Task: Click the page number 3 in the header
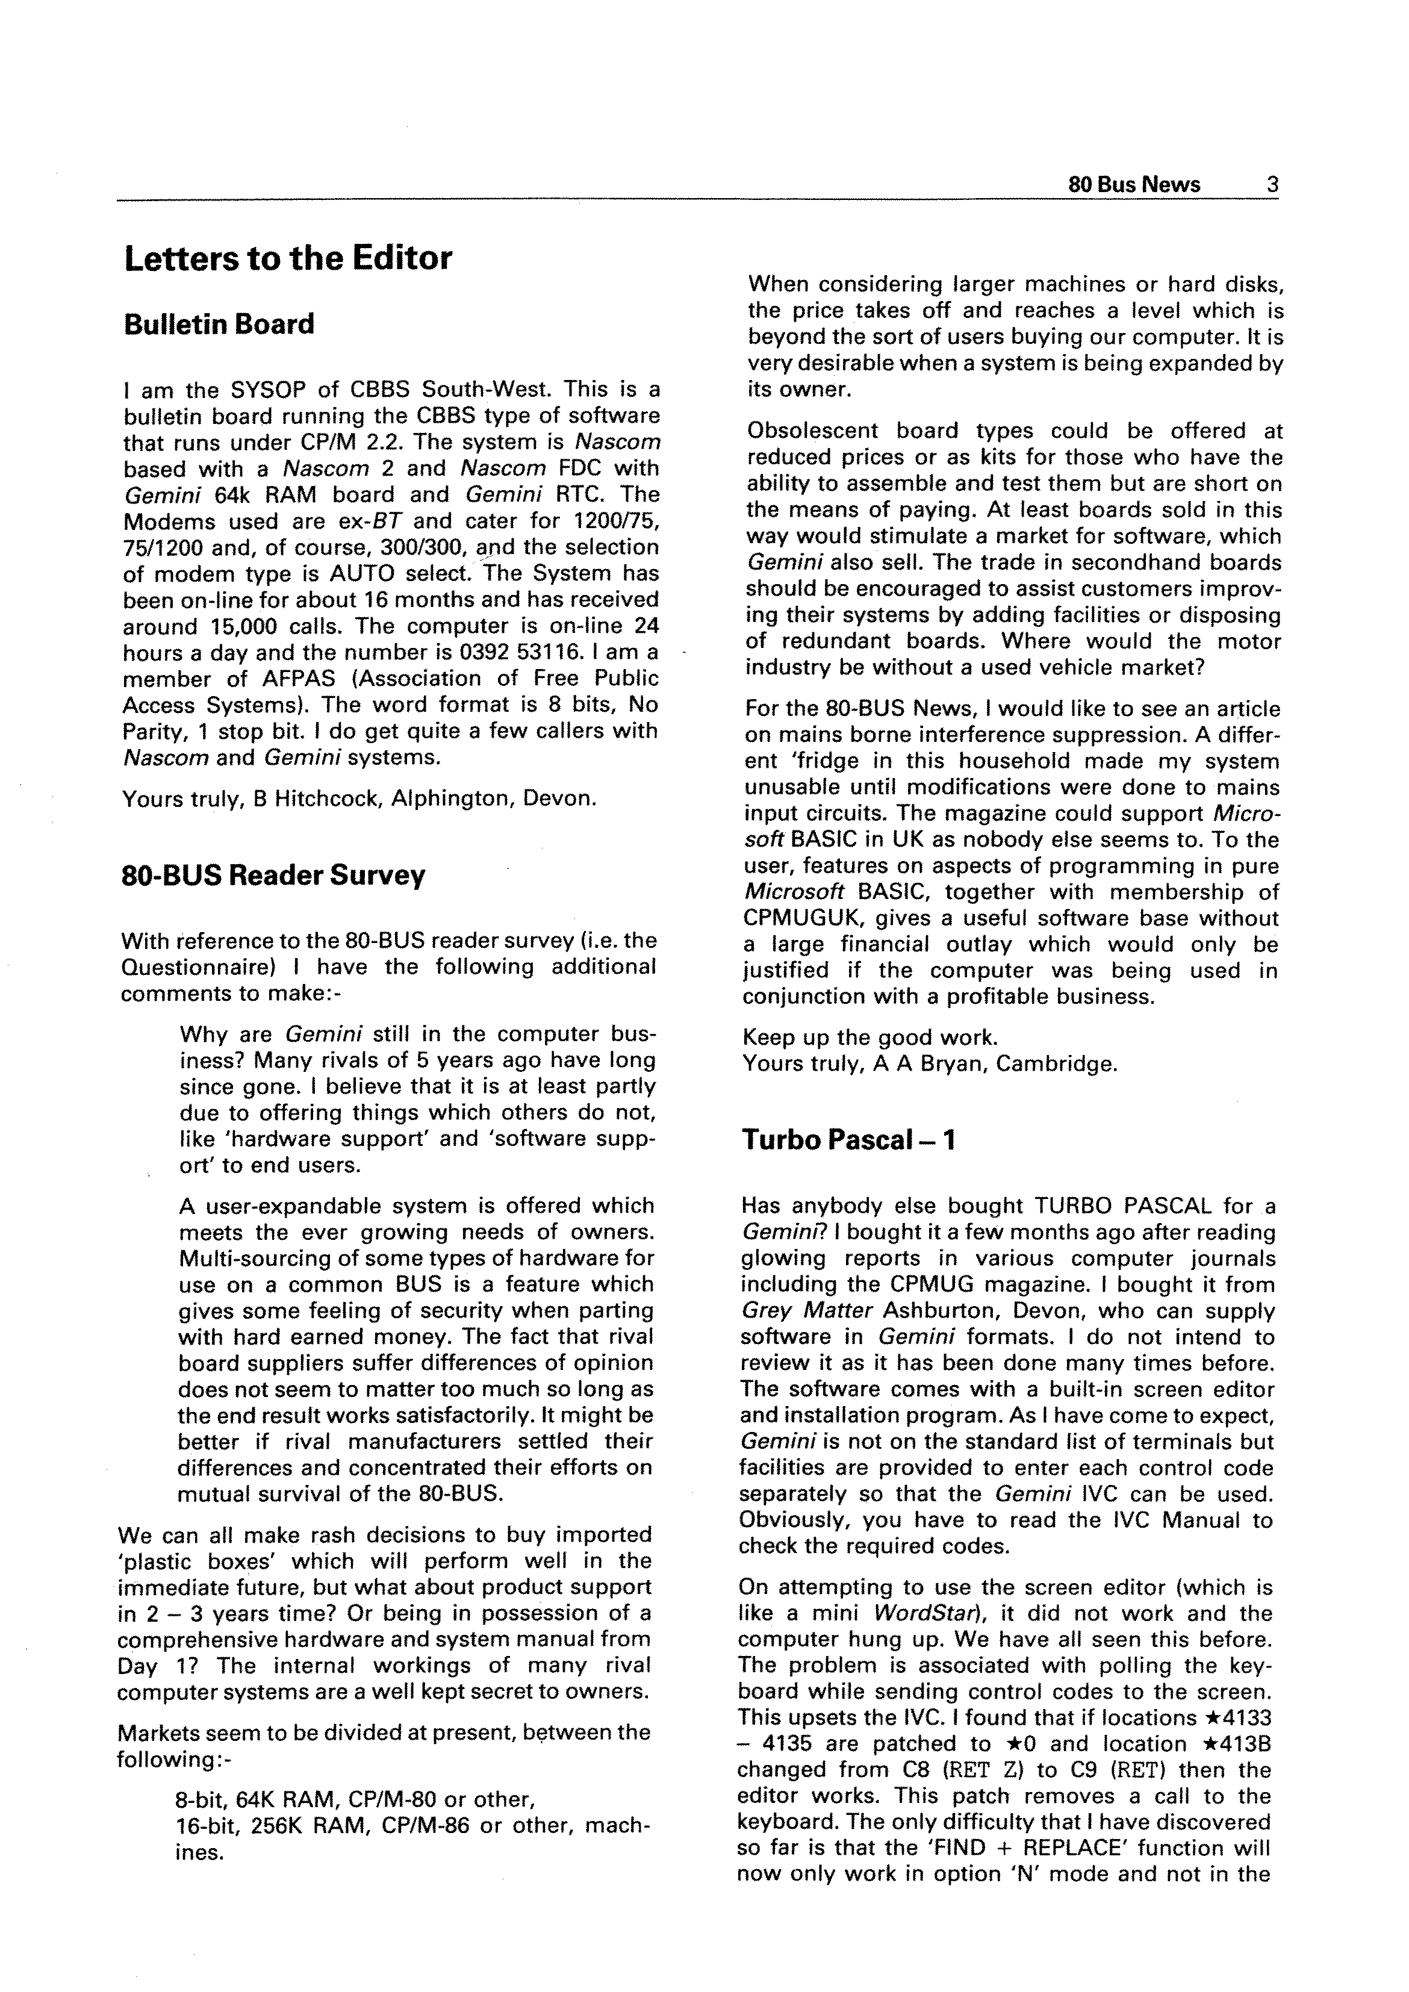coord(1272,185)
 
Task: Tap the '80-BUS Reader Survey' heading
coord(273,876)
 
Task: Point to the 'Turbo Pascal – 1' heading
coord(848,1140)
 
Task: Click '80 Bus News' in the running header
coord(1134,185)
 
